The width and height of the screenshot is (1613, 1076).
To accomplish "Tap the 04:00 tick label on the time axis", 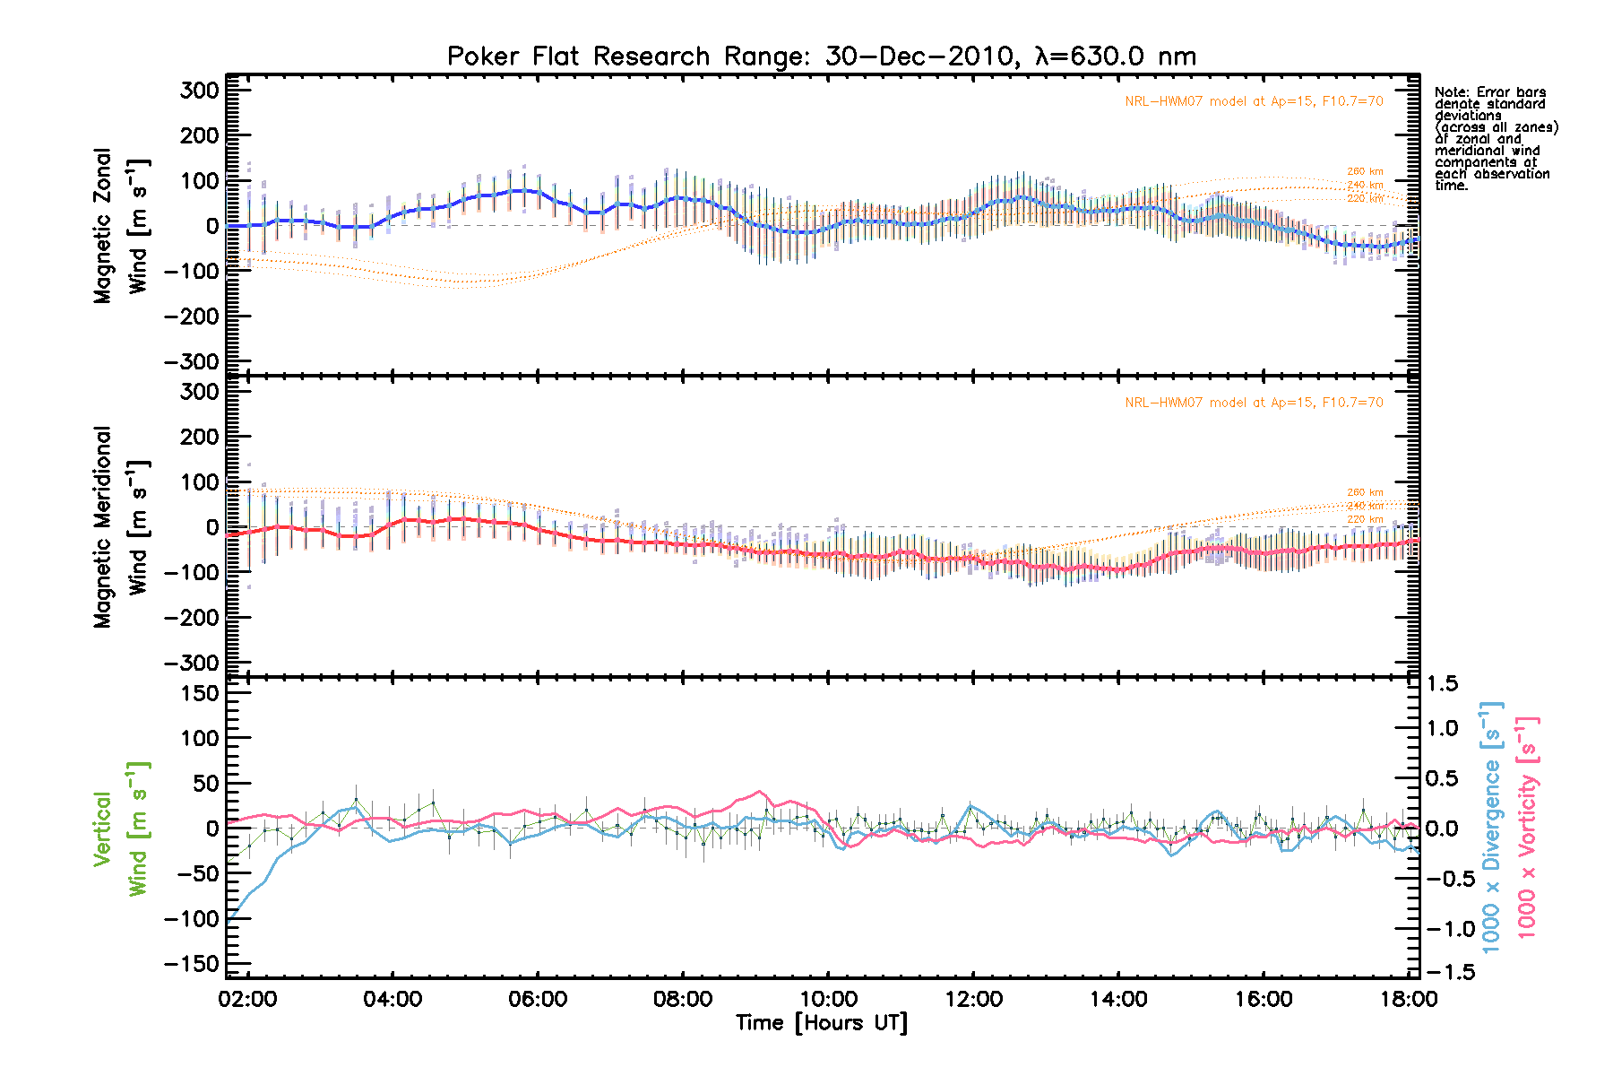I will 392,999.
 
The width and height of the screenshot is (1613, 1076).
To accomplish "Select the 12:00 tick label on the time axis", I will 973,999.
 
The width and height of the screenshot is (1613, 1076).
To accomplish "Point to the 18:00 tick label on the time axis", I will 1409,999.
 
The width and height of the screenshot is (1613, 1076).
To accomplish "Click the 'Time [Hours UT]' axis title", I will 821,1023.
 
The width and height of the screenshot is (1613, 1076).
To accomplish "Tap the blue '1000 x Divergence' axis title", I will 1491,827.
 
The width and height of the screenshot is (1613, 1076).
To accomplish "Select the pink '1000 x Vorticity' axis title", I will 1527,827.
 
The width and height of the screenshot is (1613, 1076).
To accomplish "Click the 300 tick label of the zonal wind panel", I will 199,91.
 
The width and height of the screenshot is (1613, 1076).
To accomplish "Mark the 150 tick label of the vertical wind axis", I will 199,693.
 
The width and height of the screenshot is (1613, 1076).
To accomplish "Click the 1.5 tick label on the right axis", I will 1442,684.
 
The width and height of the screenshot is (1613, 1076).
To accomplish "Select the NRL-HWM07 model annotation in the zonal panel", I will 1254,101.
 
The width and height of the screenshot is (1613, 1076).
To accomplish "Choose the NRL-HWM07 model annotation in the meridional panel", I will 1254,403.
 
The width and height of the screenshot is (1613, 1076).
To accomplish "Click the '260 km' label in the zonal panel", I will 1365,171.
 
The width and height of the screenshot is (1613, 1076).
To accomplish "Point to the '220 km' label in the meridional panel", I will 1365,519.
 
